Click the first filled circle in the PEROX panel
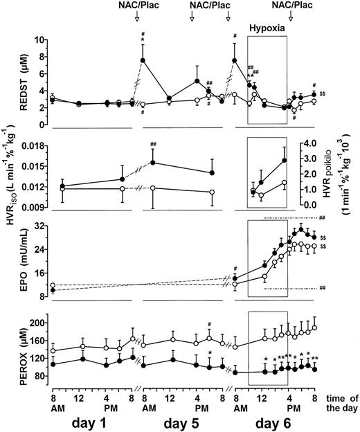tap(53, 364)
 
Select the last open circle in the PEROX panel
tap(315, 327)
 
